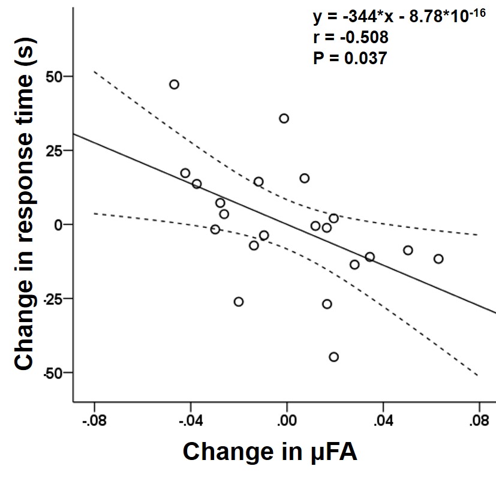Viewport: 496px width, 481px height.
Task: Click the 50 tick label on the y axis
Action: coord(55,77)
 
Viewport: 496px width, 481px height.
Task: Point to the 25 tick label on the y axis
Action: coord(55,151)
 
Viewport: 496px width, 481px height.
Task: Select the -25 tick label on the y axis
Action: coord(53,299)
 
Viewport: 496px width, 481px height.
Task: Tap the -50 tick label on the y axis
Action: coord(53,372)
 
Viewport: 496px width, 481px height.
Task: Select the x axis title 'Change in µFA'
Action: coord(270,452)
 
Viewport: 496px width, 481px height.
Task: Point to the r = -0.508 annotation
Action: coord(351,37)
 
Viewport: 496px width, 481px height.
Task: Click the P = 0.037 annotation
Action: coord(350,58)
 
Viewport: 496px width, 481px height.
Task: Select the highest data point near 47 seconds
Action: coord(174,85)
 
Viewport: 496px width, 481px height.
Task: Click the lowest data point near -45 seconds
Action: coord(333,357)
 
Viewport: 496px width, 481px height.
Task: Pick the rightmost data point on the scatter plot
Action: coord(438,259)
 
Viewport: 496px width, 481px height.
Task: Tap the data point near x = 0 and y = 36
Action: coord(284,118)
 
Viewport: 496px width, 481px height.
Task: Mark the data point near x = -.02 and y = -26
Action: coord(239,302)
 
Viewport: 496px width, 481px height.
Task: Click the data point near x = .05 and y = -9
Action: coord(408,250)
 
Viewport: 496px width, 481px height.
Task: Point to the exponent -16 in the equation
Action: coord(477,14)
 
